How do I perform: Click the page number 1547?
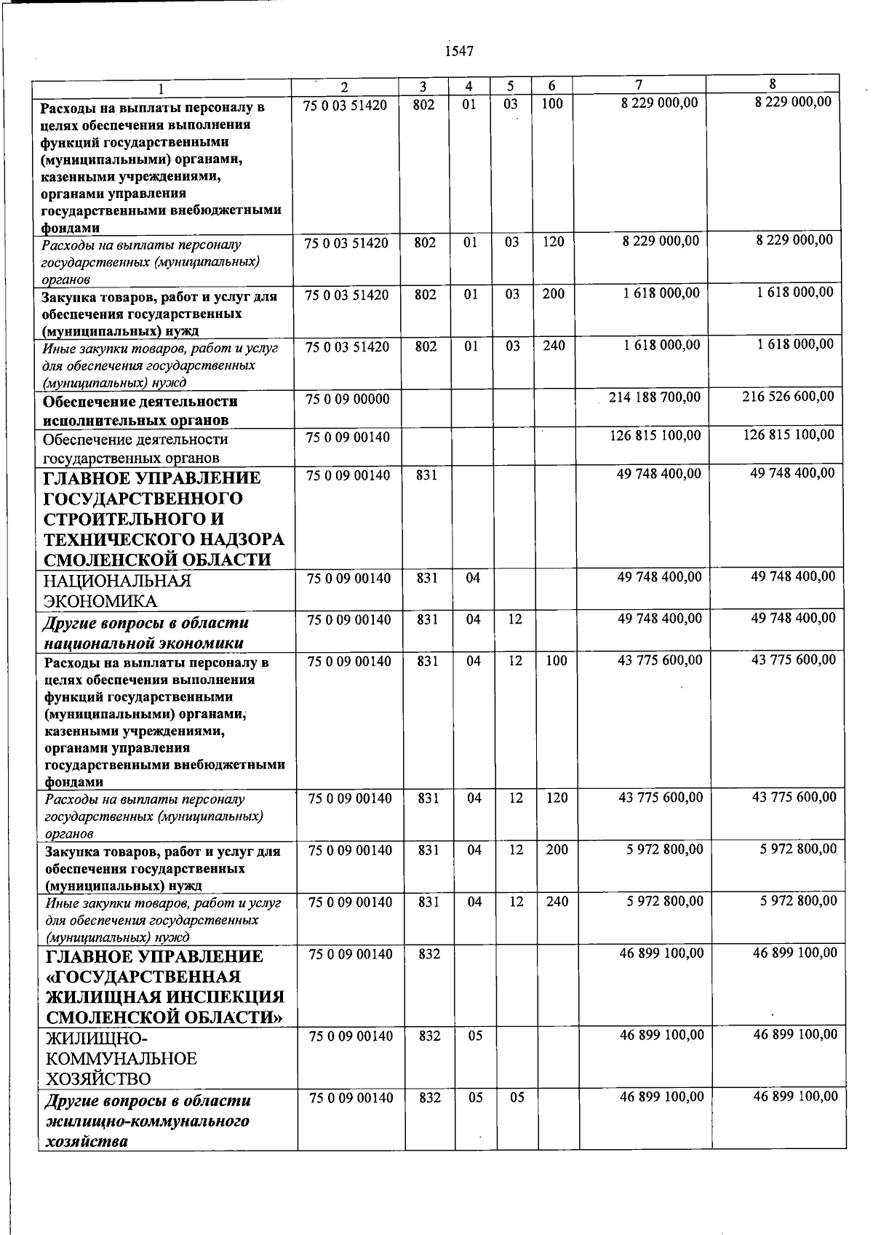click(458, 51)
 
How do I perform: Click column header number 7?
click(638, 86)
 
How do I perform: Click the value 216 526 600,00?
click(788, 397)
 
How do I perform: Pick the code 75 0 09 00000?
click(347, 399)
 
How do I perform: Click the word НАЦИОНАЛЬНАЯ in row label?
click(117, 581)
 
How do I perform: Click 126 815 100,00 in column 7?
click(655, 435)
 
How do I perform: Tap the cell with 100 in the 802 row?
click(552, 104)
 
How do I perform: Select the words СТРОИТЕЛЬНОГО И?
click(134, 519)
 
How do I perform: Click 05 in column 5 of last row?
click(517, 1097)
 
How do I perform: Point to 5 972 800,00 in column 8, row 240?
click(798, 901)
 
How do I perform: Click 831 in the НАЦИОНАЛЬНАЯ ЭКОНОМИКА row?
click(428, 579)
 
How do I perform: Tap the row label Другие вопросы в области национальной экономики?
click(145, 632)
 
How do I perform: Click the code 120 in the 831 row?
click(557, 798)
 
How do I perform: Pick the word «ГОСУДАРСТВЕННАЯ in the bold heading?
click(143, 977)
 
